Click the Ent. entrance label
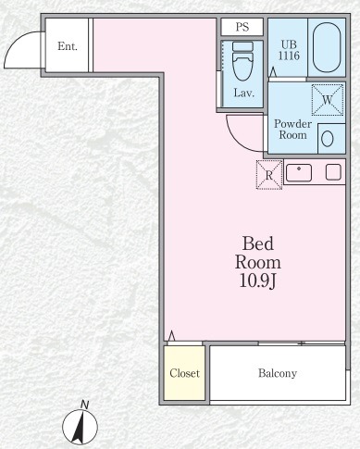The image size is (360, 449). (x=68, y=46)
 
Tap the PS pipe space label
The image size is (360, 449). (x=242, y=27)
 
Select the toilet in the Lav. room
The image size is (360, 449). (x=242, y=61)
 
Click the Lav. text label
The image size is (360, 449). (x=243, y=93)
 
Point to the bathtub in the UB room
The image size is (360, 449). (x=327, y=47)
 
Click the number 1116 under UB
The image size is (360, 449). (x=289, y=56)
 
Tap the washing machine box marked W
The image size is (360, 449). (x=328, y=100)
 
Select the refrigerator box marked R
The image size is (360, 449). (x=269, y=175)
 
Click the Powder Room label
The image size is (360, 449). (x=292, y=130)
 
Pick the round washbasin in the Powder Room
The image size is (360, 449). (x=328, y=139)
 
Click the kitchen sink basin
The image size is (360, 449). (x=299, y=173)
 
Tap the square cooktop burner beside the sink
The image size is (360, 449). (x=333, y=172)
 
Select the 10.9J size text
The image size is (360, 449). (x=257, y=281)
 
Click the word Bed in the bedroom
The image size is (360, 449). (x=258, y=243)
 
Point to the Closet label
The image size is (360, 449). (x=184, y=373)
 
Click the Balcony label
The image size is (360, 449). (x=278, y=373)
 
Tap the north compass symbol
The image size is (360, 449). (x=80, y=427)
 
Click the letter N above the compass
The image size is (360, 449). (x=84, y=405)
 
